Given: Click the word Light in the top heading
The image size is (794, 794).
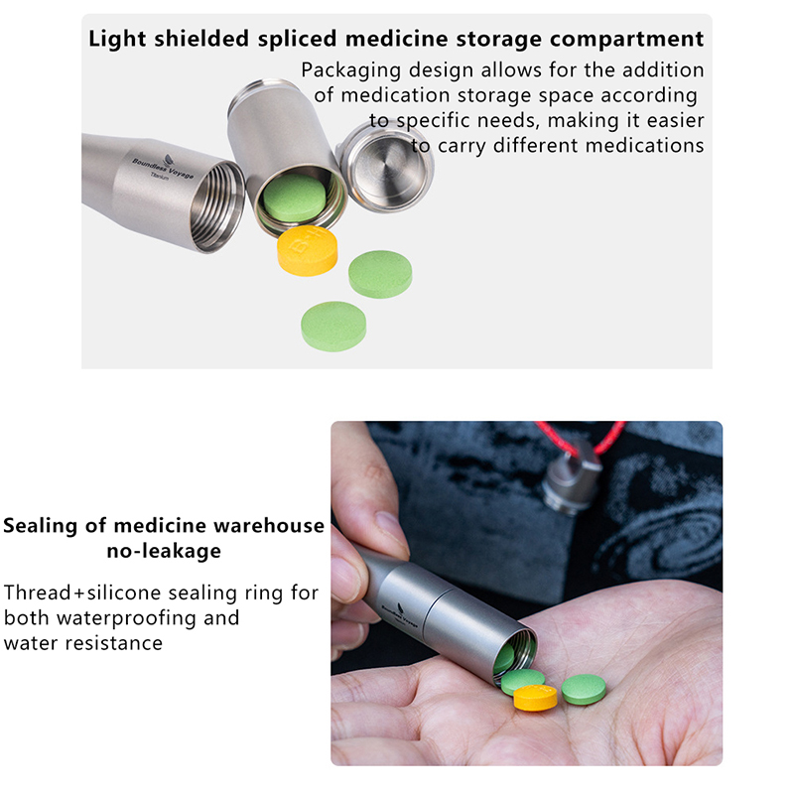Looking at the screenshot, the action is tap(118, 40).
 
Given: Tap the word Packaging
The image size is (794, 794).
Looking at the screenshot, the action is tap(351, 70).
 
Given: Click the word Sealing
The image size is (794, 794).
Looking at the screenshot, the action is tap(41, 527).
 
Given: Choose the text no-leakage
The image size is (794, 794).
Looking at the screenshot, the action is tap(164, 551).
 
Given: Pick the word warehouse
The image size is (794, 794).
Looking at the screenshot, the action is tap(269, 526).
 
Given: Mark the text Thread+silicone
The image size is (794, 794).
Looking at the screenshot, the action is tap(82, 593).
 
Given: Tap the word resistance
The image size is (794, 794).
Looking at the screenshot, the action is tap(114, 643).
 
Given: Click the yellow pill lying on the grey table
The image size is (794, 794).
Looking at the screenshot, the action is tap(308, 251).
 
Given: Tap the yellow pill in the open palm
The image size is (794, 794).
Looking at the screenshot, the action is tap(535, 698).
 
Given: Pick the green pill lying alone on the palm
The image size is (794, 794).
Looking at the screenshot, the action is tap(584, 689).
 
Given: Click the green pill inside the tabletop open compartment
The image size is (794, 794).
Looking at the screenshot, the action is tap(294, 198).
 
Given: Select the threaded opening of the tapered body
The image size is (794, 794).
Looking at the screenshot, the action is tap(216, 207).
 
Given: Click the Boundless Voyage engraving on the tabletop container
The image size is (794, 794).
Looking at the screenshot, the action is tap(163, 168).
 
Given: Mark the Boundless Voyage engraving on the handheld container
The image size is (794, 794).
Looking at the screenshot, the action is tap(400, 614).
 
